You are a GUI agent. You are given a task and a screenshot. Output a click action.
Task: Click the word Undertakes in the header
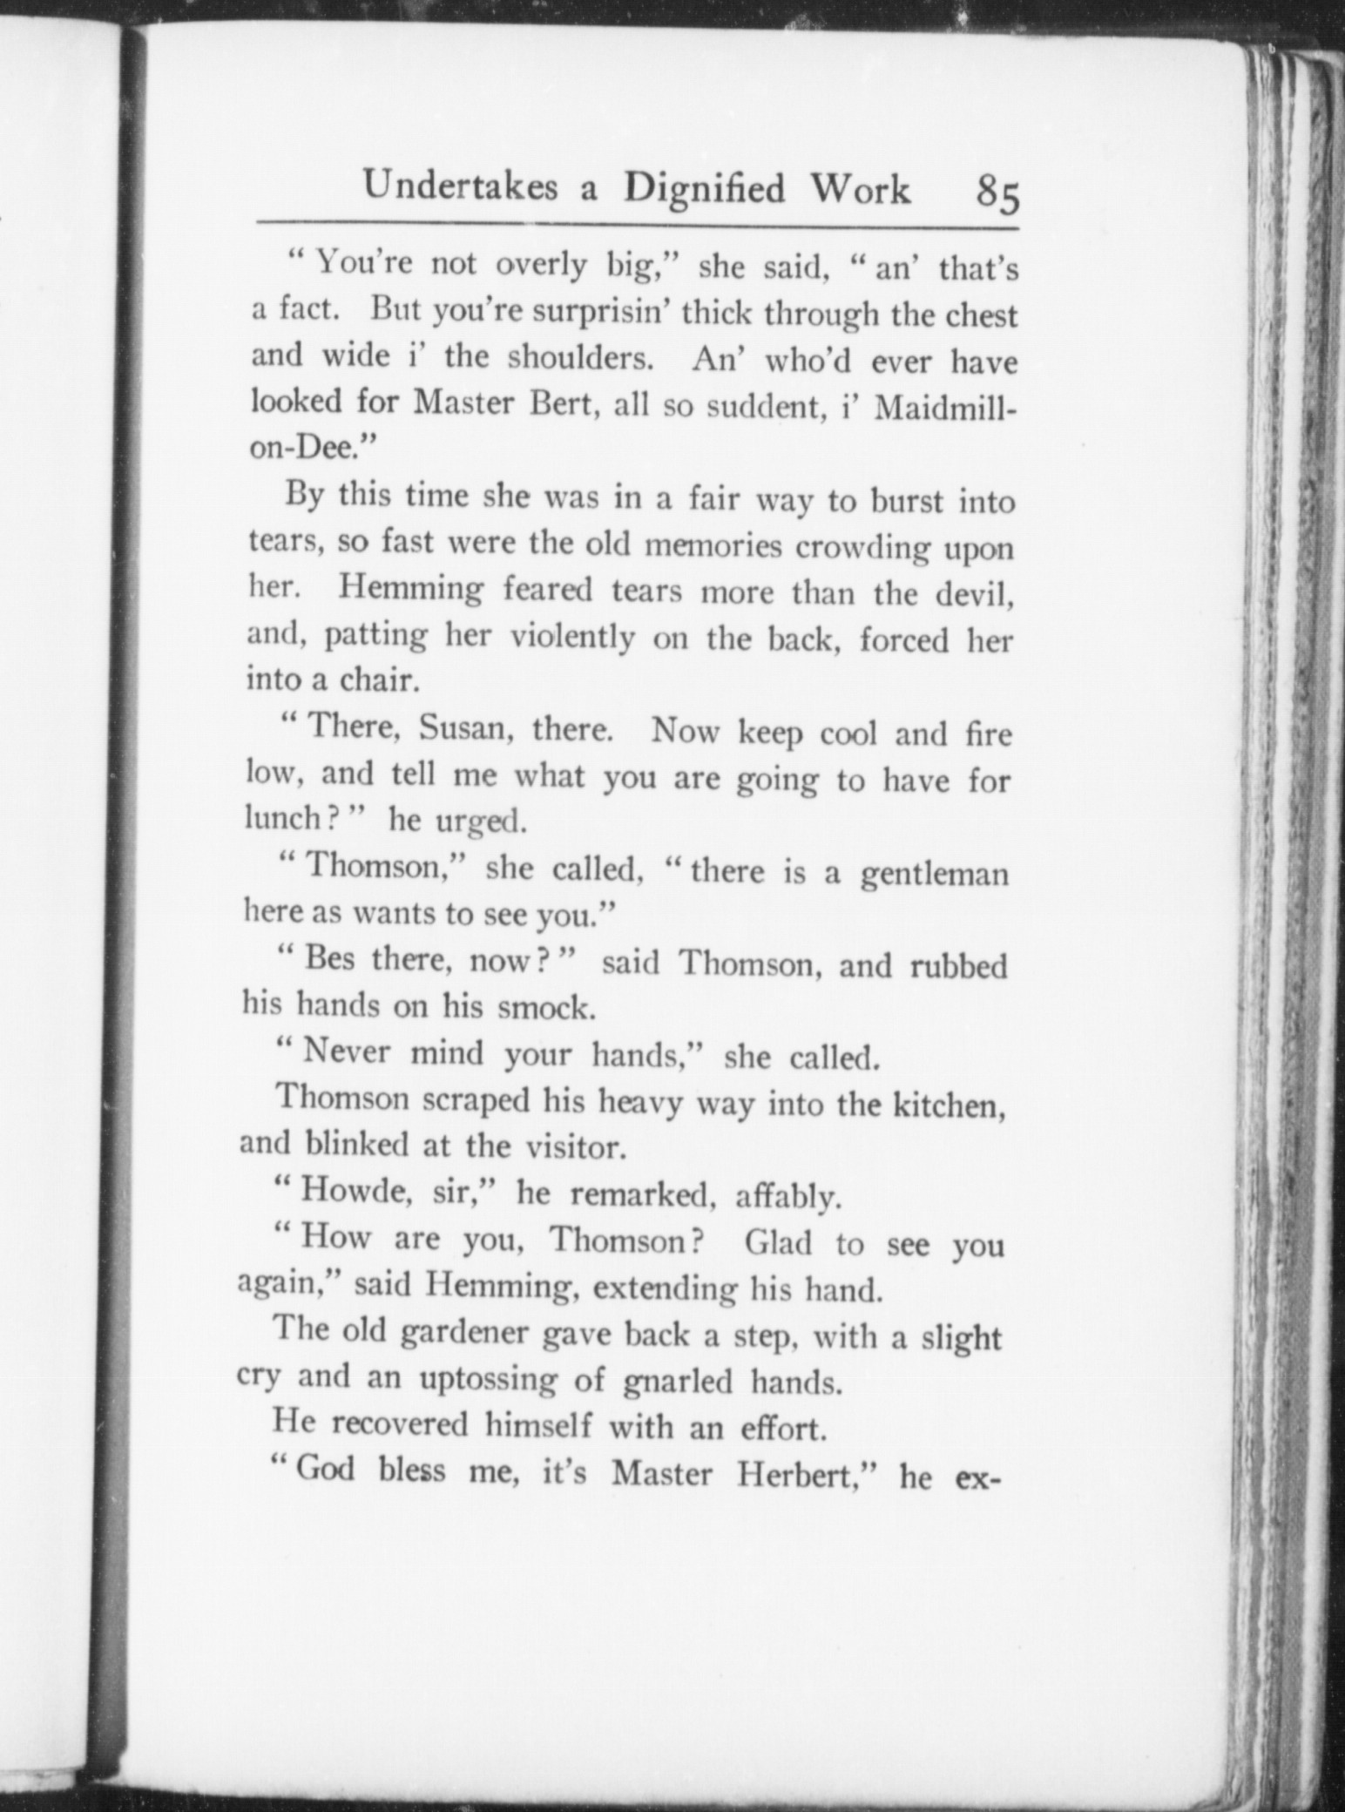[x=461, y=188]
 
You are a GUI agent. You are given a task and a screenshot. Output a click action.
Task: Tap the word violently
[x=571, y=639]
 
